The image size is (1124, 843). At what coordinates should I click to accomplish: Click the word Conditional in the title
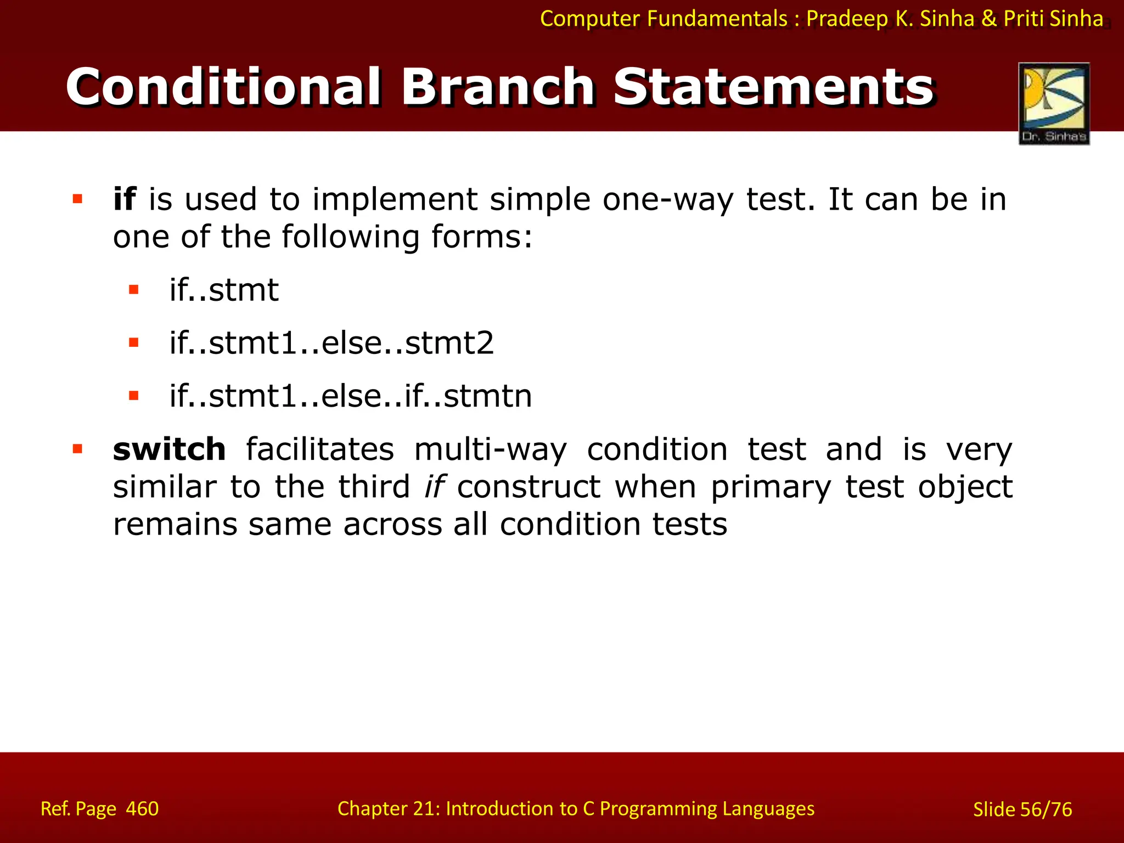point(223,87)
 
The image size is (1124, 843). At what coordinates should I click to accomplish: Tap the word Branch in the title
point(497,87)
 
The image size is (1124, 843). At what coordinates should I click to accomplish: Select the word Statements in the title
point(773,87)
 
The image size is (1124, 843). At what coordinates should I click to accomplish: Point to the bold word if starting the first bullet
point(124,199)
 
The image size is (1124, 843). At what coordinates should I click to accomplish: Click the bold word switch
point(169,449)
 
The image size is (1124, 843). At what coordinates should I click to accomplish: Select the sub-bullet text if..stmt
point(224,290)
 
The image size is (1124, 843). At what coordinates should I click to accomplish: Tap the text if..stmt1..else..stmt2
point(331,343)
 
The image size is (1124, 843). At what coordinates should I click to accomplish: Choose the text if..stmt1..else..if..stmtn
point(351,396)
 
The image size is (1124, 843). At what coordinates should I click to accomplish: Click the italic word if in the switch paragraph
point(435,487)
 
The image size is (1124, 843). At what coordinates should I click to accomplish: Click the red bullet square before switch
point(77,449)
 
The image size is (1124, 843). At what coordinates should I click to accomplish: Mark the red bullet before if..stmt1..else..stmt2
point(133,343)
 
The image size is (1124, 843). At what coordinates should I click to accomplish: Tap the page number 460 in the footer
point(142,808)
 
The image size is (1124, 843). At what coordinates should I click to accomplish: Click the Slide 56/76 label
point(1022,809)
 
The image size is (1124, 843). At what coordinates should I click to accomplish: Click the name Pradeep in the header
point(846,19)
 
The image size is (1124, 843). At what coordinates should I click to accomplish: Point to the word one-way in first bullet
point(668,199)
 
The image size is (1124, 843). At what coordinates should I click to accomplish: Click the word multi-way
point(490,449)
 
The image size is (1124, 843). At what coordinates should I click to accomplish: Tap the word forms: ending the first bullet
point(481,237)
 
